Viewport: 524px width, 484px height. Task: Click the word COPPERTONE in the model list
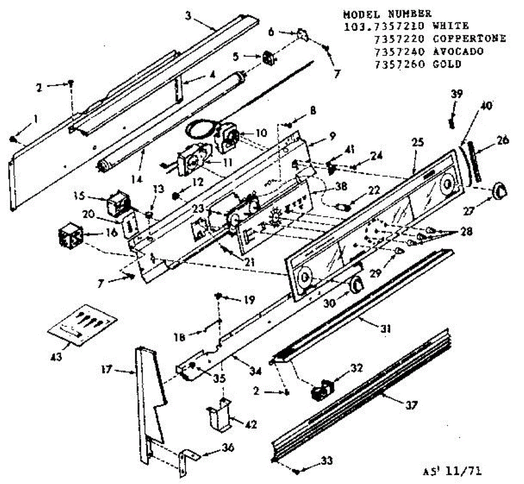coord(469,38)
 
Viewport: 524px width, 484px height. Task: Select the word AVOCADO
coord(458,52)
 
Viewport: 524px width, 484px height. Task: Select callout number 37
coord(411,405)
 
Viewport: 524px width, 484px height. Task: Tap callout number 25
coord(417,142)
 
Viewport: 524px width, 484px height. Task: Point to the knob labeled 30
coord(356,284)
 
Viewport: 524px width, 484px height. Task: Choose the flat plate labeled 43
coord(83,324)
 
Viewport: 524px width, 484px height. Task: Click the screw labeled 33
coord(296,471)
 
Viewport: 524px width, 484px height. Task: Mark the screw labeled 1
coord(13,139)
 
